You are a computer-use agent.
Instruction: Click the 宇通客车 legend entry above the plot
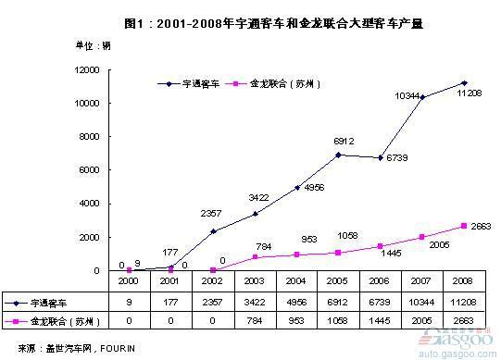pyautogui.click(x=194, y=83)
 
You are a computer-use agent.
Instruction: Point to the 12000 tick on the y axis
pyautogui.click(x=88, y=69)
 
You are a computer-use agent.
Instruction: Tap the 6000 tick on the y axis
pyautogui.click(x=91, y=170)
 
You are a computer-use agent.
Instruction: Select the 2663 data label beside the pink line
pyautogui.click(x=478, y=226)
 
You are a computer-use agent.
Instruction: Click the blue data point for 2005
pyautogui.click(x=339, y=155)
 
